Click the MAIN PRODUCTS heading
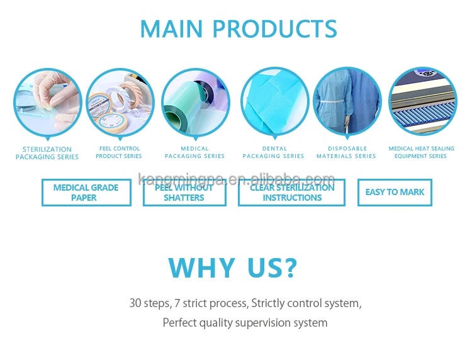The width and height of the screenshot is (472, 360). point(239,28)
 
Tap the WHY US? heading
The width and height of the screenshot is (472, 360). point(233,267)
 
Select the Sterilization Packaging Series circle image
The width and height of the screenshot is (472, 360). point(48,103)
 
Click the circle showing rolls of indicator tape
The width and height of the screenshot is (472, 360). point(120,103)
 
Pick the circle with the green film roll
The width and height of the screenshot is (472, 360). point(196,103)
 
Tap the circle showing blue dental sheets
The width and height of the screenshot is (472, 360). point(275,102)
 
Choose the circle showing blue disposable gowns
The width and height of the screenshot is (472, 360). point(347,101)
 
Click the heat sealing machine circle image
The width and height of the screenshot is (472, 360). point(423,101)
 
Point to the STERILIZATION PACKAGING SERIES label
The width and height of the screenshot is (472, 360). point(47,153)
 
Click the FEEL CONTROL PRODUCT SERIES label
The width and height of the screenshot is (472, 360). point(119,152)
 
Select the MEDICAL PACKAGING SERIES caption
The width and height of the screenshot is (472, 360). point(194,152)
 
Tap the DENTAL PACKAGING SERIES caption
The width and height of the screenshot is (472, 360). point(274,152)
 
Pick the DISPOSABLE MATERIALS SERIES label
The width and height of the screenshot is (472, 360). point(347,152)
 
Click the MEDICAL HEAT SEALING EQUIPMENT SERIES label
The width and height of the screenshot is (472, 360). point(421,152)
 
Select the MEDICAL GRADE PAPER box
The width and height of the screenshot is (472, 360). point(86,193)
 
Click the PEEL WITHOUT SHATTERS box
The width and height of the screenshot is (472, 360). point(184,193)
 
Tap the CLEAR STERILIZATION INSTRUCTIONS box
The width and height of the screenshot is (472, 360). point(291,193)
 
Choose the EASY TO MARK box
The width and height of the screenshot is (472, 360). point(395,193)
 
